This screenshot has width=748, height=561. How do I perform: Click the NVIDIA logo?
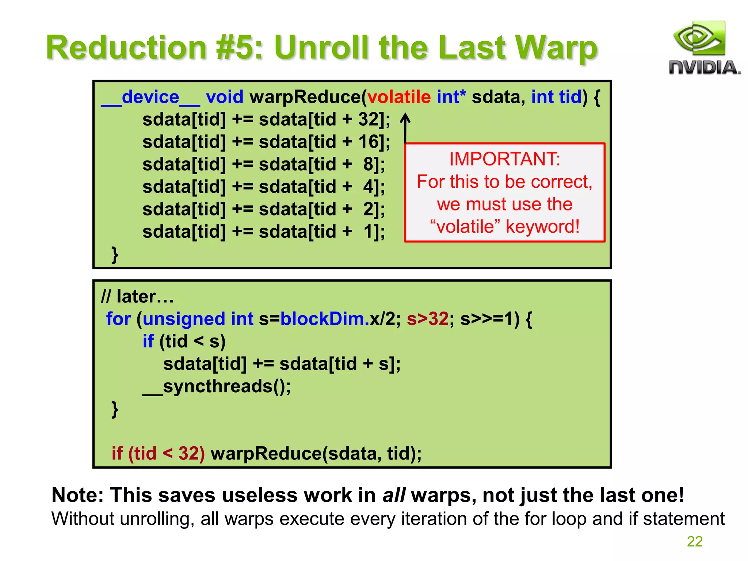click(704, 48)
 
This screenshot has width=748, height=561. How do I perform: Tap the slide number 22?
click(694, 541)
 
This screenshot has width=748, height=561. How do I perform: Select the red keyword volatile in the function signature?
click(399, 97)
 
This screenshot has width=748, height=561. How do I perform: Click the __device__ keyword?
click(150, 98)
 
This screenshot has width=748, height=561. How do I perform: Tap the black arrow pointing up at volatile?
click(405, 127)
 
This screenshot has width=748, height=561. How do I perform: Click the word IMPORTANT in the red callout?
click(504, 159)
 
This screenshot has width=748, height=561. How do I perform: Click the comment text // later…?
click(137, 297)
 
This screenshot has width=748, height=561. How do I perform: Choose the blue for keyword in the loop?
click(118, 319)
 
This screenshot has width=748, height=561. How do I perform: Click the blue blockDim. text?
click(325, 319)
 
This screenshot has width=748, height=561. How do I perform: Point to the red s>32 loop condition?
click(427, 319)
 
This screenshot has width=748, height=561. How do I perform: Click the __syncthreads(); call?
click(217, 386)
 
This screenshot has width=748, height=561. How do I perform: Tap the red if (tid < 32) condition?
click(158, 454)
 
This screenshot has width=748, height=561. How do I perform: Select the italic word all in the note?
click(394, 496)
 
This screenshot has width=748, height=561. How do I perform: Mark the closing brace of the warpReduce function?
click(115, 255)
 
